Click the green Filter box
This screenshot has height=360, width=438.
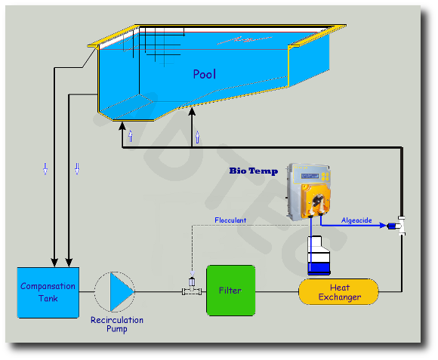click(x=231, y=291)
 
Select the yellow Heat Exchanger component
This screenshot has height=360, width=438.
click(x=338, y=291)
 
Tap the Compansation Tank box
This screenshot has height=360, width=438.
click(x=48, y=293)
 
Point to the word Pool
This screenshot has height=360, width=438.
click(x=205, y=74)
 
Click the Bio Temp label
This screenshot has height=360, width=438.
click(x=254, y=171)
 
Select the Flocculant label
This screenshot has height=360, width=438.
click(x=230, y=220)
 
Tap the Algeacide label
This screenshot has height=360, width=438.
click(x=356, y=220)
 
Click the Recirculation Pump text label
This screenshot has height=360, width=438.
click(x=117, y=324)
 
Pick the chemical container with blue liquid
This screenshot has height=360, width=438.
click(x=319, y=255)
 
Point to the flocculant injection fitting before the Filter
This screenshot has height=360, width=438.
click(x=192, y=287)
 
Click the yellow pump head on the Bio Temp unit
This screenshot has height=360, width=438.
click(x=316, y=200)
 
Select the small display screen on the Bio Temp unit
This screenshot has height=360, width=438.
click(x=310, y=176)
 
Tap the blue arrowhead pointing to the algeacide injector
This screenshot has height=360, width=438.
click(x=383, y=225)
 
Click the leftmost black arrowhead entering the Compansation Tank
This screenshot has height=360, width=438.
click(x=54, y=263)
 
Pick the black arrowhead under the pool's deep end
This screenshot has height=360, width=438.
click(x=122, y=127)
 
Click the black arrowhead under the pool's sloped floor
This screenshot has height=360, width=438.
click(x=192, y=112)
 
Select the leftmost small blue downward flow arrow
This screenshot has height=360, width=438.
click(x=45, y=169)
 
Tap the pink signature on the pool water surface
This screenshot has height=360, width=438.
click(x=244, y=40)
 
